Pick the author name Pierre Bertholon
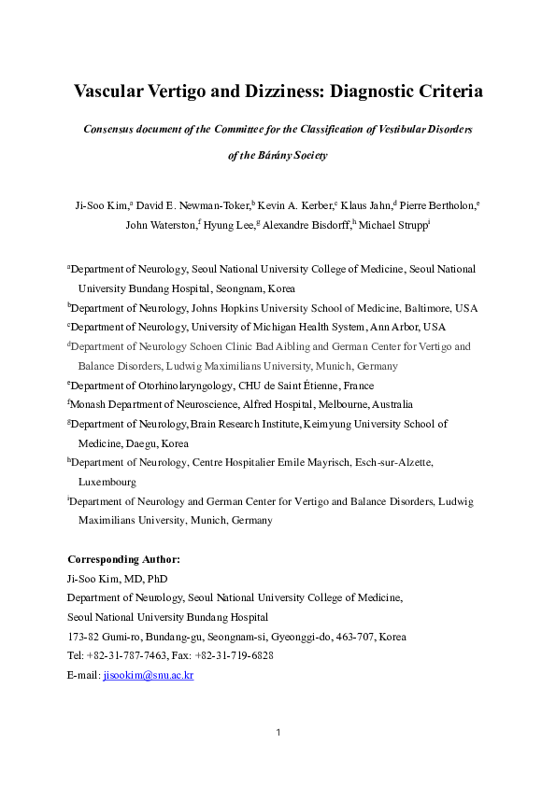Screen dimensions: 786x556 pyautogui.click(x=436, y=204)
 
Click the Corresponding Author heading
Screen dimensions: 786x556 pyautogui.click(x=123, y=559)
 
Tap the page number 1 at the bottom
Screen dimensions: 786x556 pyautogui.click(x=278, y=732)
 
